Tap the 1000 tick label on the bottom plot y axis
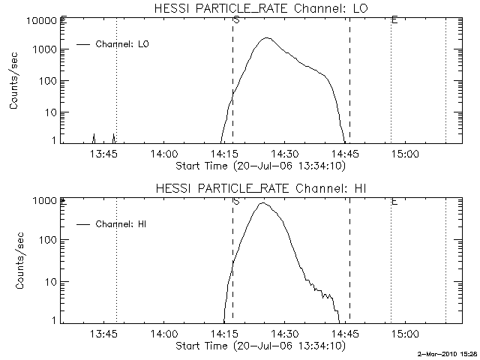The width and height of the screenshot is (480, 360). pos(46,201)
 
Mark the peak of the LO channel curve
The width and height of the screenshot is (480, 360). pos(268,38)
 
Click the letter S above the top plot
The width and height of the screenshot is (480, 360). pos(236,20)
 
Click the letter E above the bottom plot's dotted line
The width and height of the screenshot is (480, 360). pos(394,201)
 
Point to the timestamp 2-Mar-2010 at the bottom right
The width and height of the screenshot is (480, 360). pos(448,352)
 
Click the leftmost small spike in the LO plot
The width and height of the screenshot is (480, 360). pos(94,136)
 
